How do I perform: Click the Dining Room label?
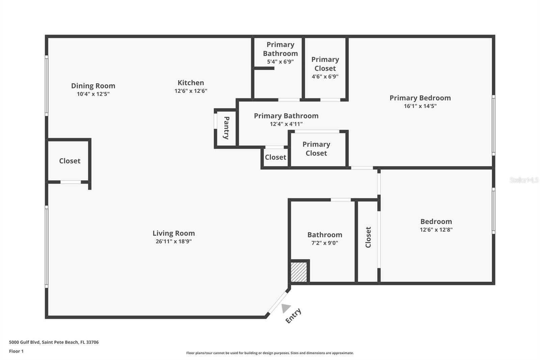pos(93,86)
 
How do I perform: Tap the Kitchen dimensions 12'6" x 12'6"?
pos(191,91)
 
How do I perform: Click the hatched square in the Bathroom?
pos(299,272)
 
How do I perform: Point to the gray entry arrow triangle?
pos(286,308)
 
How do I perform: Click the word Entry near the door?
pos(293,316)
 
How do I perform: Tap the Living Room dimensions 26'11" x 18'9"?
pos(173,241)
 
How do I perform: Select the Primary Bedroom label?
pos(420,98)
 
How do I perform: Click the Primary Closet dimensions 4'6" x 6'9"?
pos(325,77)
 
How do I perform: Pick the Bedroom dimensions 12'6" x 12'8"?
pos(436,230)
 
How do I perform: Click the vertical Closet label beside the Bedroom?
pos(368,237)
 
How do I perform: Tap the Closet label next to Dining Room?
pos(70,161)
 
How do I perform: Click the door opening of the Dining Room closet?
pos(71,182)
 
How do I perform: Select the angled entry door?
pos(277,303)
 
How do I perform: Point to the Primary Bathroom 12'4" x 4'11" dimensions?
pos(286,124)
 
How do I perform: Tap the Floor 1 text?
pos(16,351)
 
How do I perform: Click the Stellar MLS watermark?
pos(524,180)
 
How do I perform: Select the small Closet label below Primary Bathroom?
pos(275,157)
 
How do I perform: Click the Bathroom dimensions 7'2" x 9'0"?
pos(325,243)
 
